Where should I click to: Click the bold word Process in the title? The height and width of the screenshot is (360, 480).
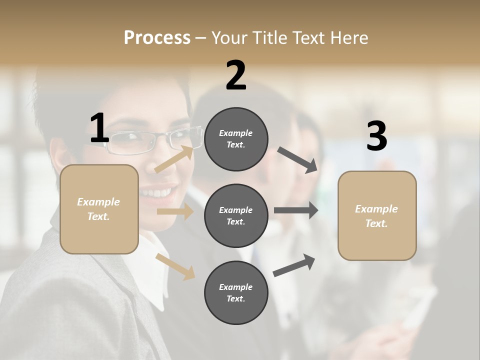coord(157,37)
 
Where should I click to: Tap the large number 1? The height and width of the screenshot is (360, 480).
coord(99,128)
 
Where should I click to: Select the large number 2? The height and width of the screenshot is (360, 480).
coord(236,75)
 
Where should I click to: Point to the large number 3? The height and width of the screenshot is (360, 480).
coord(376,136)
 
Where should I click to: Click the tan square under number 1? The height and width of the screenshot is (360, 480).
coord(99,209)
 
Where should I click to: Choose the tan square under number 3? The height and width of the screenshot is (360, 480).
coord(377,215)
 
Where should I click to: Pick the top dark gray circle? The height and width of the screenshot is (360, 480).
coord(236,139)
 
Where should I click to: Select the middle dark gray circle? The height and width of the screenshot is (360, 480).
coord(236,215)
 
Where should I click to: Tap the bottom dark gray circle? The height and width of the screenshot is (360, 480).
coord(236,292)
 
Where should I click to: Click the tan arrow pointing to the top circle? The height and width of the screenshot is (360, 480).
coord(174,159)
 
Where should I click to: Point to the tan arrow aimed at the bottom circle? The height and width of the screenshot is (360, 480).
coord(175,266)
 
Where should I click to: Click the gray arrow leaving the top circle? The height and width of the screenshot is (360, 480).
coord(297,160)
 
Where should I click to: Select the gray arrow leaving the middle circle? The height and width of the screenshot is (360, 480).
coord(296,210)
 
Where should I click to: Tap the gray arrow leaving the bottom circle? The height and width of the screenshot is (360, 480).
coord(294,265)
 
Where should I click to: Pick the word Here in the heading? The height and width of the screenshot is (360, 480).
coord(348,37)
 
